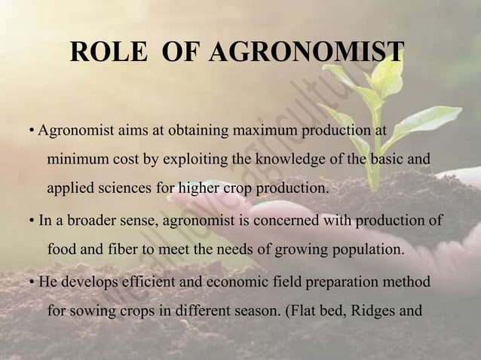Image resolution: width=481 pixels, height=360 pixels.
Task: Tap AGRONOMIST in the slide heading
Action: tap(306, 53)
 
